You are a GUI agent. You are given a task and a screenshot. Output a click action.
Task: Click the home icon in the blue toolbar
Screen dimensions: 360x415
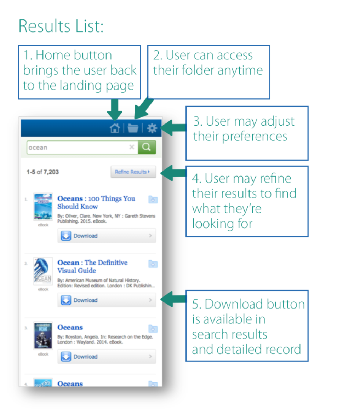tap(115, 128)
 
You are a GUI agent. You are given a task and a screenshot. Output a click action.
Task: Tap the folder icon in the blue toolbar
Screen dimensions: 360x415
tap(133, 128)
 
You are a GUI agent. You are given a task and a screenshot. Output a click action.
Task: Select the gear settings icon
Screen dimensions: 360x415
tap(152, 128)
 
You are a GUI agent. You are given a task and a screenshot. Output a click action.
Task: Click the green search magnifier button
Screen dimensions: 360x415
tap(147, 147)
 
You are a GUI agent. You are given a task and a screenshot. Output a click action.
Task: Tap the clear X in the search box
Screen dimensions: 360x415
tap(131, 147)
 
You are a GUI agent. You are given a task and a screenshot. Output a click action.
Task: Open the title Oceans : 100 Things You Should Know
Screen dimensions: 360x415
tap(96, 202)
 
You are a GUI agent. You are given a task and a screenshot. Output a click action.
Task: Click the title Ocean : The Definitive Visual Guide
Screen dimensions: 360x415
tap(92, 266)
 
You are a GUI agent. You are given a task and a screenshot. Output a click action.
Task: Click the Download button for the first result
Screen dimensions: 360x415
tap(107, 236)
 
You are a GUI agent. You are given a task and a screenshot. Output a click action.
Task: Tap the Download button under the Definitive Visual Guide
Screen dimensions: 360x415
tap(107, 300)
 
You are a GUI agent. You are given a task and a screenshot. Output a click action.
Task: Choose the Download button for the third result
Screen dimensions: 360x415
tap(107, 357)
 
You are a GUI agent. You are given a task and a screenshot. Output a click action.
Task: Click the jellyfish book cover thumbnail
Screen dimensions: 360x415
tap(43, 271)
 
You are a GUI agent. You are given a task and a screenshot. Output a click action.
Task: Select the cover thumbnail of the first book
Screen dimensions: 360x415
tap(43, 207)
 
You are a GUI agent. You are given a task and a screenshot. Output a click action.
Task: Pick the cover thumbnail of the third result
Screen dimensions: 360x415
tap(43, 335)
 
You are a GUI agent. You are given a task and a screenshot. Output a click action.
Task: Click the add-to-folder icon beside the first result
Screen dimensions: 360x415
tap(153, 200)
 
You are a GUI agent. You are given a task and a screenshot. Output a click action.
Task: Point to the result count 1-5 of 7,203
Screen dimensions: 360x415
tap(42, 172)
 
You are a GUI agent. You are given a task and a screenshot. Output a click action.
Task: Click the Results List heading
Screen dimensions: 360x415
tap(61, 26)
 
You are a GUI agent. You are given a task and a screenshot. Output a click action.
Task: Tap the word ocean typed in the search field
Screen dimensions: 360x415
tap(38, 148)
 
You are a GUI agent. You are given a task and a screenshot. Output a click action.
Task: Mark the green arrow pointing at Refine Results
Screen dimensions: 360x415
tap(173, 173)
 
